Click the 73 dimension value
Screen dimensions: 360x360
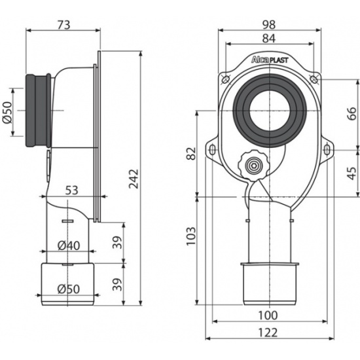click(x=63, y=25)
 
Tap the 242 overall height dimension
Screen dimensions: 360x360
click(x=134, y=179)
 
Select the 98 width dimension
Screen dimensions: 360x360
click(x=269, y=25)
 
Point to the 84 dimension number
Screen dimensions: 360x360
click(x=269, y=39)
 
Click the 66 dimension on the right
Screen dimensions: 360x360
click(x=351, y=114)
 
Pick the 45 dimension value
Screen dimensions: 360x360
click(x=351, y=173)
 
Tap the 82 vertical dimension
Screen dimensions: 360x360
click(x=191, y=153)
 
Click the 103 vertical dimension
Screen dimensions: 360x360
click(x=191, y=236)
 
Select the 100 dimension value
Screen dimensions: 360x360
click(x=268, y=315)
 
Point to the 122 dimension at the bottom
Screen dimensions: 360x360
click(x=268, y=333)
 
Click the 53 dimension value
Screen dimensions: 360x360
click(x=72, y=190)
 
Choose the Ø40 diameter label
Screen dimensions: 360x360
click(x=69, y=245)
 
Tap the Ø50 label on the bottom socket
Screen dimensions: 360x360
click(x=69, y=289)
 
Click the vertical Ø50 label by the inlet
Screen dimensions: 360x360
click(x=8, y=113)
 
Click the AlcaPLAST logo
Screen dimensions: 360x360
click(x=270, y=60)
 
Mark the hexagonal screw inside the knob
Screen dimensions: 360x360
click(x=253, y=166)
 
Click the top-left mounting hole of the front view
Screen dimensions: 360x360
click(x=225, y=79)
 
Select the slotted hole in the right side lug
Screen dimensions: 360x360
click(x=327, y=151)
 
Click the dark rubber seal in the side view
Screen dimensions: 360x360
click(x=38, y=111)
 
